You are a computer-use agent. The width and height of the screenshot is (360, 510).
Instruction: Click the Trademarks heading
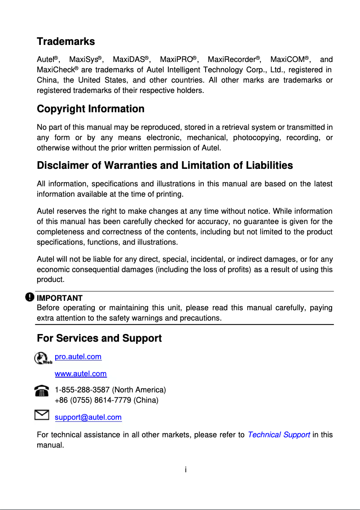[66, 42]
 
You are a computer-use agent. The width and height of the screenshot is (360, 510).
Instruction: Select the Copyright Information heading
[90, 109]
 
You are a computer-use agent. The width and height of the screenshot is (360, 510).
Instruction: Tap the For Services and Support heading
[99, 338]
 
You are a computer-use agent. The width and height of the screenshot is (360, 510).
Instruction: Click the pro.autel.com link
[78, 357]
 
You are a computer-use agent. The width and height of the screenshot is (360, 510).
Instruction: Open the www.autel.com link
[80, 374]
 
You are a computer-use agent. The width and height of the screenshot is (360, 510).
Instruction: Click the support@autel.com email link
[88, 418]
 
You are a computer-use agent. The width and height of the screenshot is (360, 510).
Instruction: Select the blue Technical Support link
[278, 435]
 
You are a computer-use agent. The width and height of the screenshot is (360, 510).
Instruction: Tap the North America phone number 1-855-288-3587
[83, 390]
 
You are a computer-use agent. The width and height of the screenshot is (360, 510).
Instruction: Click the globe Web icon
[43, 358]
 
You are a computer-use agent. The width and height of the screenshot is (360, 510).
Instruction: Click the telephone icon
[41, 391]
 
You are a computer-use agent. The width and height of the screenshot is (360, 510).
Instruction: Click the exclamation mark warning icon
[30, 297]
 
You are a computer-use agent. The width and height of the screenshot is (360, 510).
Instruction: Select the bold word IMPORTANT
[59, 298]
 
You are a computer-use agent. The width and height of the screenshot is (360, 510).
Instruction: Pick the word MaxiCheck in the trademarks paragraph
[55, 70]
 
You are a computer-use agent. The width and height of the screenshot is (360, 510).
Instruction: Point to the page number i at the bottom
[185, 470]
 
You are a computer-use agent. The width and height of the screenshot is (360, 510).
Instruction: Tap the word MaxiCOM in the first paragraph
[287, 60]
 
